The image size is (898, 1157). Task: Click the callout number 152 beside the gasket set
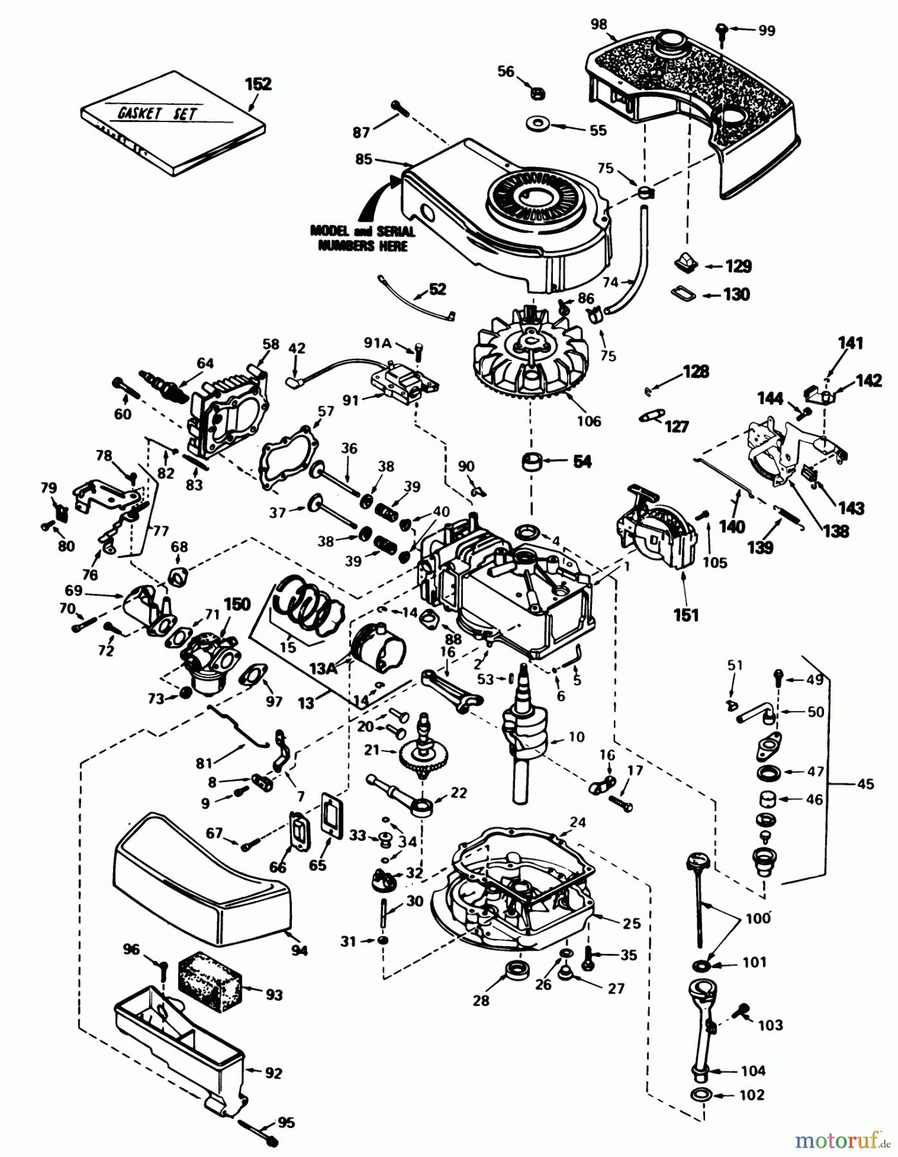pos(258,84)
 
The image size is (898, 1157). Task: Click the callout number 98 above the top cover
pos(598,25)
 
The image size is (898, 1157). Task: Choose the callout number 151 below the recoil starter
pos(685,615)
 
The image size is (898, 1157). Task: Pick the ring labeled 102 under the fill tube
pos(702,1095)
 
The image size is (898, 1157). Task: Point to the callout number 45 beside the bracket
pos(865,784)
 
